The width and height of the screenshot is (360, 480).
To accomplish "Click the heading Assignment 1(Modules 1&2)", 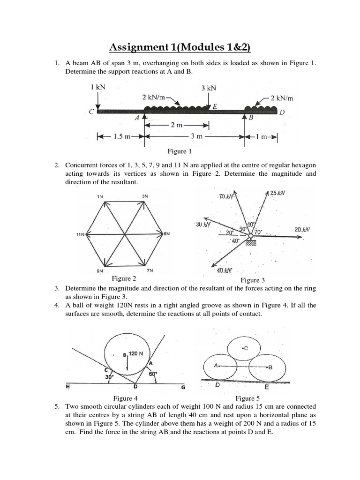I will (180, 47).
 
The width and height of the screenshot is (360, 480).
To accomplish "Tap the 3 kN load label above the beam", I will (209, 88).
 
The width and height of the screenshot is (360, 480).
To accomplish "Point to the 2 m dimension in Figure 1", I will (177, 125).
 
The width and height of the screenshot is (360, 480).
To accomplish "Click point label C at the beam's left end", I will (91, 112).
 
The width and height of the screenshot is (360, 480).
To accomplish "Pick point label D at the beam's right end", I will (282, 112).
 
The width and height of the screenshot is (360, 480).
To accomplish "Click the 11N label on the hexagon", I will (80, 234).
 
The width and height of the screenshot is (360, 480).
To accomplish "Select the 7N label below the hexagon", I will (150, 270).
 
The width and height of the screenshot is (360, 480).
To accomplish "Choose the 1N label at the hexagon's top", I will (100, 196).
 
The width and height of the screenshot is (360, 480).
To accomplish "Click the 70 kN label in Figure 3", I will (225, 196).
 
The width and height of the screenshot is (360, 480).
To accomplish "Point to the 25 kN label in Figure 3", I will (278, 193).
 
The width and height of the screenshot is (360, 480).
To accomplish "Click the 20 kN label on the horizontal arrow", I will (302, 229).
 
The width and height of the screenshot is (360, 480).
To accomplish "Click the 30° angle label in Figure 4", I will (109, 377).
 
